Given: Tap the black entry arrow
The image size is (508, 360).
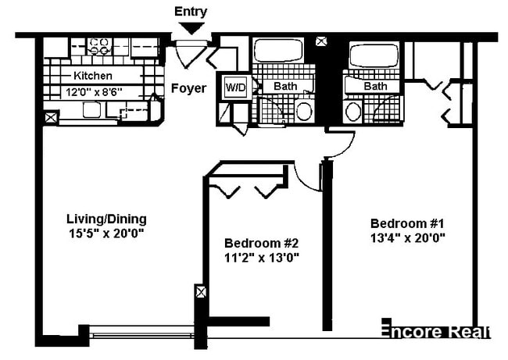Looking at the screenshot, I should coord(191,27).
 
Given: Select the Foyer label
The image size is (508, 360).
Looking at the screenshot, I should coord(189,88).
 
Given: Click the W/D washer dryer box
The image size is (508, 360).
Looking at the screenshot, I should coord(235,87).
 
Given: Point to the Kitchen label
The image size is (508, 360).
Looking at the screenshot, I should coord(93,77).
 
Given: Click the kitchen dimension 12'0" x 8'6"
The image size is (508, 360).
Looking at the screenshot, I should coord(93,91).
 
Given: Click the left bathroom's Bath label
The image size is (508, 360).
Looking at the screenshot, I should coord(284,86).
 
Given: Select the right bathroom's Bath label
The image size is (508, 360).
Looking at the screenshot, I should coord(375,86).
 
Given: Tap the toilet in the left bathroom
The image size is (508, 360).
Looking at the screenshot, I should coord(303,110).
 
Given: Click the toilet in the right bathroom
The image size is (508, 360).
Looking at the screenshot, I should coord(353,110).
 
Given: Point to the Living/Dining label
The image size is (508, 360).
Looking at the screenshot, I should coord(107,219).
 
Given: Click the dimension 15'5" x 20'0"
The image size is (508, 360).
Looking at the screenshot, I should coord(107,233).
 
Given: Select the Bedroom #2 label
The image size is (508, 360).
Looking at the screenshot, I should coord(261,242).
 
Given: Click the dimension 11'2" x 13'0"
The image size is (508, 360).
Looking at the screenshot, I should coord(261,256).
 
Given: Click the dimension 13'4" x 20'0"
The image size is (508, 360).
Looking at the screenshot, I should coord(408,237).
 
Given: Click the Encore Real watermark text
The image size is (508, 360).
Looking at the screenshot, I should coord(435,331).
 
